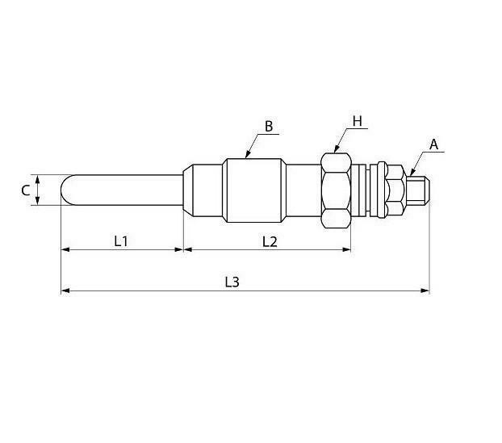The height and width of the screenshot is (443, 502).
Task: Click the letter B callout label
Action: pos(269,127)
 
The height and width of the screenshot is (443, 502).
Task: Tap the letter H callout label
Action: pos(357,121)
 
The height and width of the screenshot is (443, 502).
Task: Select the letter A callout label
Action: pos(433,144)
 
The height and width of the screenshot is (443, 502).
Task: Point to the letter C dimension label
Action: pos(26,190)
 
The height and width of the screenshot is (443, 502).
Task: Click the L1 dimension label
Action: pos(121,241)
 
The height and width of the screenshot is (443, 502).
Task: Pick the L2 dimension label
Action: pos(270,241)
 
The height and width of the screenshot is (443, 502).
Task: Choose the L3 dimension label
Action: pos(232,282)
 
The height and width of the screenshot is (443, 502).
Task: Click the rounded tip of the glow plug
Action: pos(66,190)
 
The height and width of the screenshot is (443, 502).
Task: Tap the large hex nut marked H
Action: pos(337,190)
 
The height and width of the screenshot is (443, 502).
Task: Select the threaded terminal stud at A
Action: pos(418,190)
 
